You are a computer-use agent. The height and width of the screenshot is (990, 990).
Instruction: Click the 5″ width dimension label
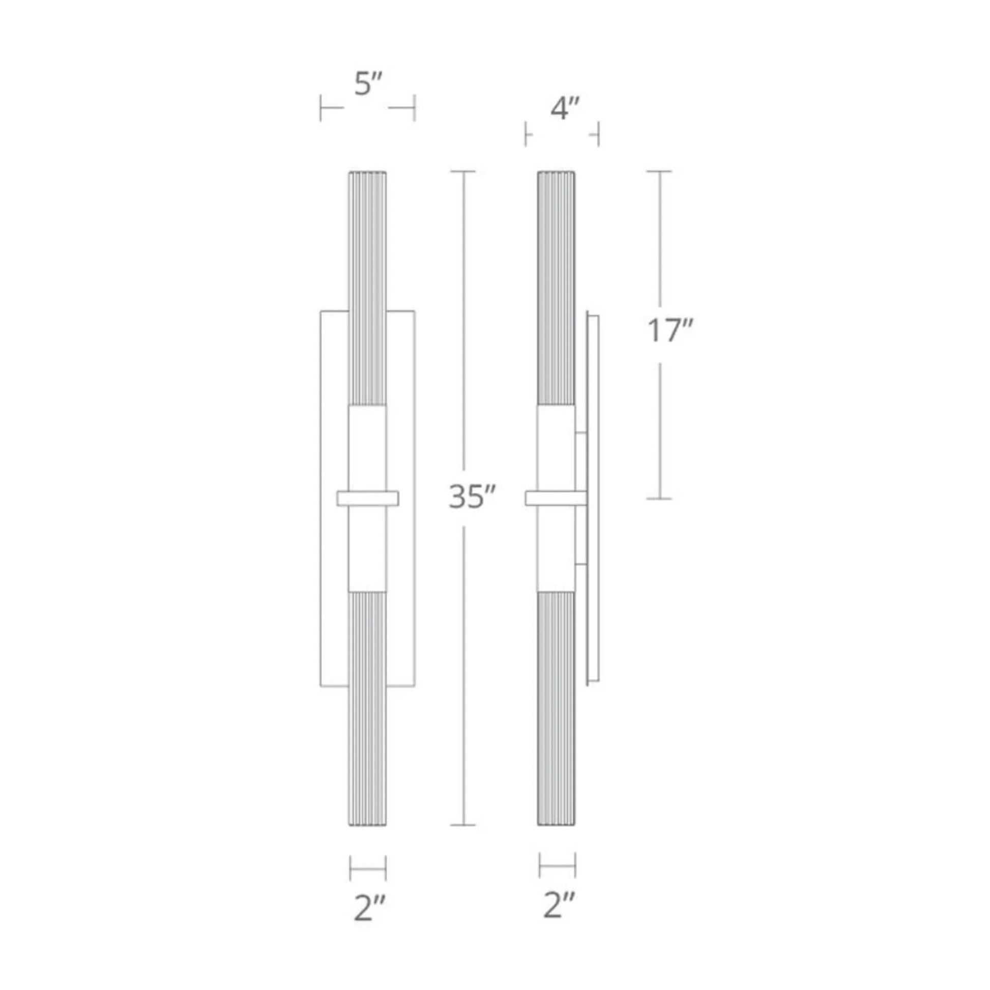[x=368, y=84]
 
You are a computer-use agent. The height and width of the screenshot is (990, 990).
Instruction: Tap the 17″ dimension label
[x=669, y=331]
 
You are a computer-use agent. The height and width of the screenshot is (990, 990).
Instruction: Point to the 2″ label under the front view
[x=369, y=909]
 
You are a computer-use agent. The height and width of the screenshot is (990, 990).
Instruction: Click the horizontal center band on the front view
[x=367, y=498]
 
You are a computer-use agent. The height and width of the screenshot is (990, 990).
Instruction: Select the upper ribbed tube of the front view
[x=367, y=287]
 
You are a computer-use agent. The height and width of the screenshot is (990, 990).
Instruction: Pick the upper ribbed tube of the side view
[x=556, y=287]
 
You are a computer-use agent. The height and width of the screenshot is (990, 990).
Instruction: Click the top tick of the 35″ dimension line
[x=463, y=171]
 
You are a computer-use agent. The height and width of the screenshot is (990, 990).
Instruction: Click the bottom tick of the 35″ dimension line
[x=463, y=825]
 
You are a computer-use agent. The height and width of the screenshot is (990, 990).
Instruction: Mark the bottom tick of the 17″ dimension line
[x=659, y=498]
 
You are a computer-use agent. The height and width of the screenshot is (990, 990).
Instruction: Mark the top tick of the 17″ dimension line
[x=659, y=171]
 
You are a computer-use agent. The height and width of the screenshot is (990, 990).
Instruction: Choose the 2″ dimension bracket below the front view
[x=368, y=868]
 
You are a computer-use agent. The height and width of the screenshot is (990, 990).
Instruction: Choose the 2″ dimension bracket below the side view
[x=558, y=866]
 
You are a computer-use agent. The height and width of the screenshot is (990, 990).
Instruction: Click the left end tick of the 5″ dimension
[x=321, y=108]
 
